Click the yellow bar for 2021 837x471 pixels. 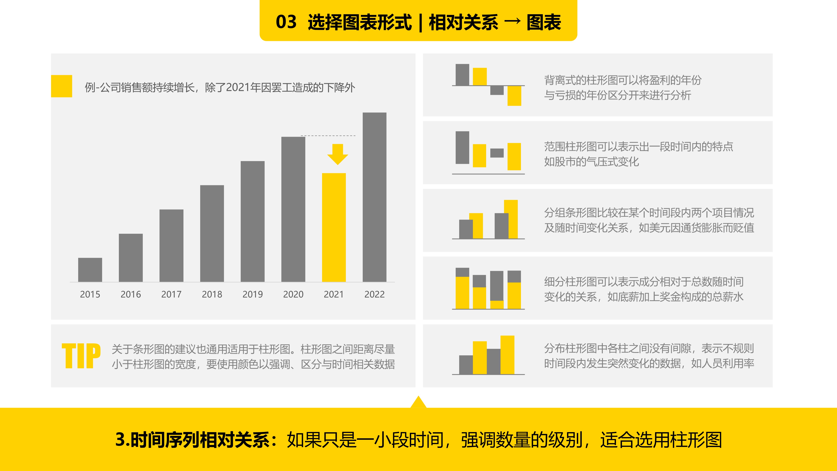pyautogui.click(x=334, y=227)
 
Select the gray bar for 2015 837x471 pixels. pyautogui.click(x=90, y=270)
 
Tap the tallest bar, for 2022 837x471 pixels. pyautogui.click(x=374, y=197)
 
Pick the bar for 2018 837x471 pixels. pyautogui.click(x=212, y=233)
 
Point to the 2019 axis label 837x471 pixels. pyautogui.click(x=252, y=294)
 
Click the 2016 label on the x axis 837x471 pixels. pyautogui.click(x=131, y=294)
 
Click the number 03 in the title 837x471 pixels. pyautogui.click(x=286, y=22)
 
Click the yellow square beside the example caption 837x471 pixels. pyautogui.click(x=61, y=86)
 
